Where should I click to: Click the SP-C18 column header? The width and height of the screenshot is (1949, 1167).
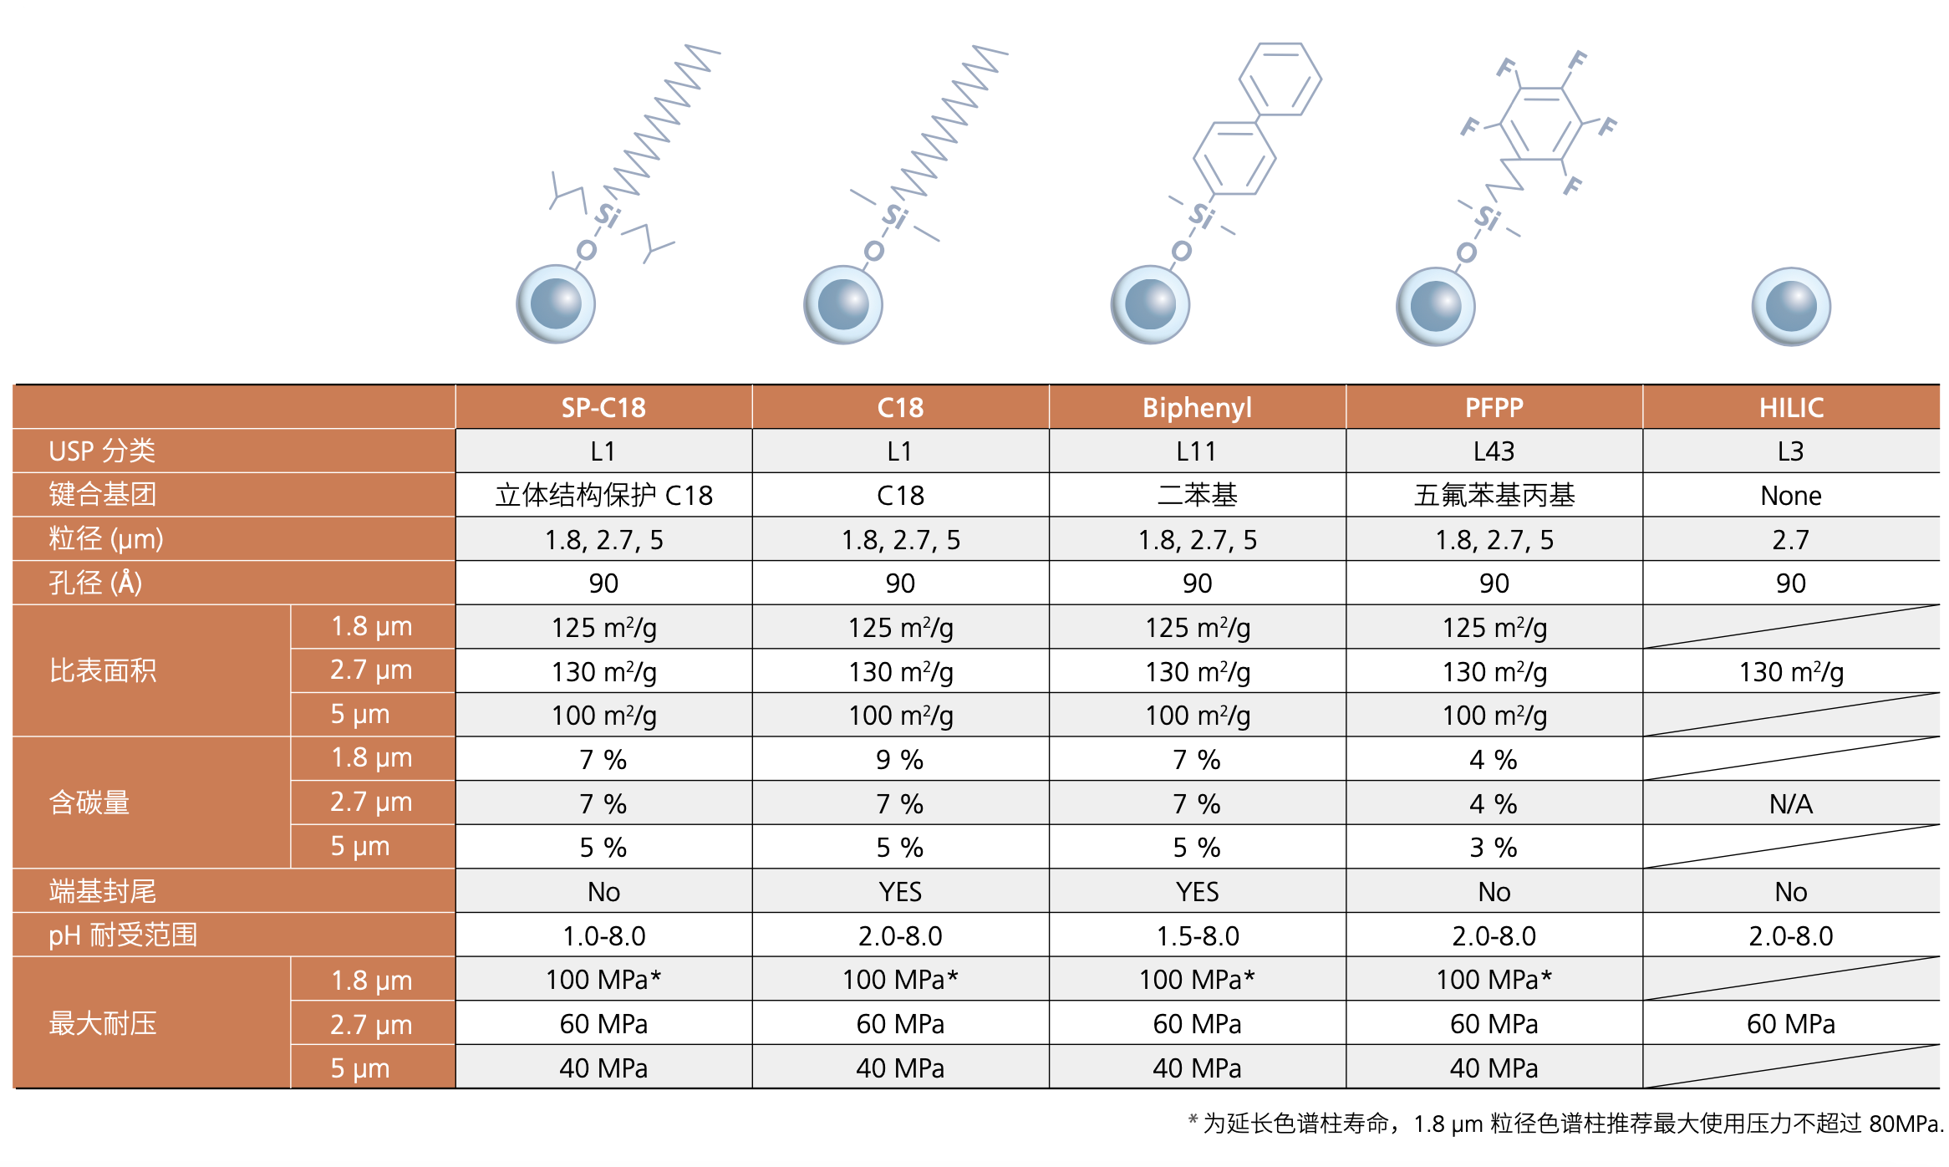(x=603, y=407)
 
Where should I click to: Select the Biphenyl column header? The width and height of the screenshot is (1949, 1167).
(x=1197, y=407)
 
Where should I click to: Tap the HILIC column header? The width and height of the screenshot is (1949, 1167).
(x=1790, y=407)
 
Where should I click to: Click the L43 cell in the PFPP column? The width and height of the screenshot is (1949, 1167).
(x=1494, y=451)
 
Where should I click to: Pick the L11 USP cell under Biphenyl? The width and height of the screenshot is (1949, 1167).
(x=1197, y=451)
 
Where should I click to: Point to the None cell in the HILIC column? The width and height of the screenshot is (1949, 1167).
(x=1790, y=496)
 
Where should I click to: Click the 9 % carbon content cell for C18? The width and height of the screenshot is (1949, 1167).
(x=899, y=759)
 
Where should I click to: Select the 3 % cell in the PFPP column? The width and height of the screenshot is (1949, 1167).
(x=1494, y=847)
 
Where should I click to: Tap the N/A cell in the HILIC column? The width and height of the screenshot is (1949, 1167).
(x=1790, y=803)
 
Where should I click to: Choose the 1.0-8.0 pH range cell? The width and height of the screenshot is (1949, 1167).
(x=603, y=935)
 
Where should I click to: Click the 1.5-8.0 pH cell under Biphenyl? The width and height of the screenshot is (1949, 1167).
(x=1197, y=935)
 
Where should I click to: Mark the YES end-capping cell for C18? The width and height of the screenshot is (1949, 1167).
(x=899, y=891)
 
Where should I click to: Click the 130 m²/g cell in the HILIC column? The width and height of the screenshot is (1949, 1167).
(x=1790, y=671)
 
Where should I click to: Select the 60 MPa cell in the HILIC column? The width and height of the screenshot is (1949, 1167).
(x=1790, y=1023)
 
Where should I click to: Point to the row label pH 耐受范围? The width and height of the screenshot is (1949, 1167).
(x=123, y=935)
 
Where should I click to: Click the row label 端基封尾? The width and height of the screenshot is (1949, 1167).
(x=103, y=891)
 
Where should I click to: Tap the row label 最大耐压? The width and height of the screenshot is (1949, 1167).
(x=103, y=1023)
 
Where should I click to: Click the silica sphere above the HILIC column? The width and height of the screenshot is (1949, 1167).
(x=1790, y=306)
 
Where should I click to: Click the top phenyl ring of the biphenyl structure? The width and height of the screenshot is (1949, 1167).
(x=1280, y=79)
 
